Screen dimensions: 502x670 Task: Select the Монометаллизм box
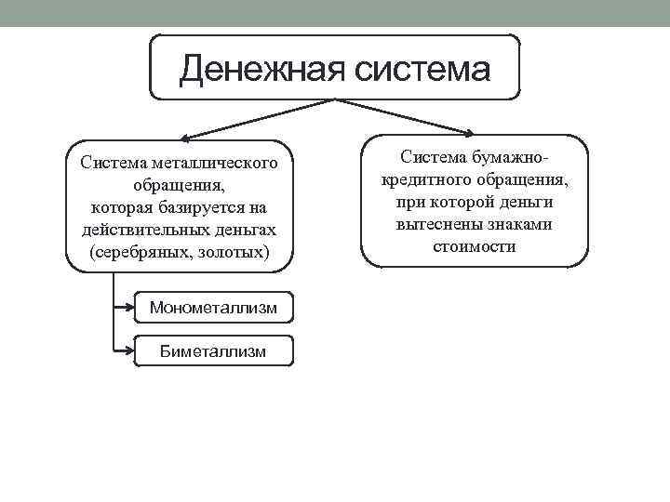click(214, 308)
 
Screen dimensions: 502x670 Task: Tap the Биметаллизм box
click(214, 350)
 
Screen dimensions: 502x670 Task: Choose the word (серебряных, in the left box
click(139, 252)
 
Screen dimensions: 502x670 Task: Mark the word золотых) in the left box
click(229, 252)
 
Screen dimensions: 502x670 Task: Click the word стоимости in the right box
click(474, 246)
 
